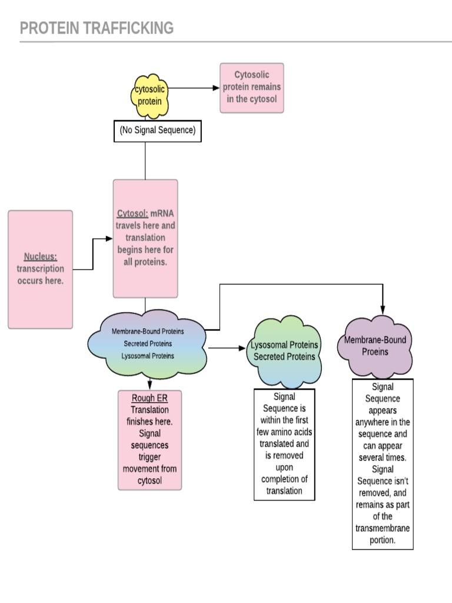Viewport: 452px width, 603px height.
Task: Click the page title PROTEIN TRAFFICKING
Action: (97, 28)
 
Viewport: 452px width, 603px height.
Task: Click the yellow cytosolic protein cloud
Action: (149, 95)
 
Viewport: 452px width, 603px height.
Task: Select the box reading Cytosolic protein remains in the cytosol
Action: (252, 87)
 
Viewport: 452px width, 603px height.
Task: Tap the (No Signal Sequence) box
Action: (157, 131)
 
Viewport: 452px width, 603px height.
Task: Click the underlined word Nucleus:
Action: (41, 256)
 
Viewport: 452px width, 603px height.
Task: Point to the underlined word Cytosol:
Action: (131, 213)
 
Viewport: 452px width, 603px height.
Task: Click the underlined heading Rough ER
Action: (149, 398)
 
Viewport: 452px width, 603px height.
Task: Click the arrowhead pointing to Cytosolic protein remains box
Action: (216, 88)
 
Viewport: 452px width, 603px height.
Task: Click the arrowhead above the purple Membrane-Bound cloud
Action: (383, 310)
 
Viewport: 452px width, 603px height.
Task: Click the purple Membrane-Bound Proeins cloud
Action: (375, 346)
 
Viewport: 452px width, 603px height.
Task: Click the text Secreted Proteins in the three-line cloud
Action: (148, 344)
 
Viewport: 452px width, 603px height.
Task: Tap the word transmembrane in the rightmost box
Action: (383, 528)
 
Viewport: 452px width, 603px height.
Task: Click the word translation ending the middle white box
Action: (284, 491)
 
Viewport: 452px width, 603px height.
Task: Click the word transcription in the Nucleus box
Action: (41, 269)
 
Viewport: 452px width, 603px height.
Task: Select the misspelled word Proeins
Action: (375, 352)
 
